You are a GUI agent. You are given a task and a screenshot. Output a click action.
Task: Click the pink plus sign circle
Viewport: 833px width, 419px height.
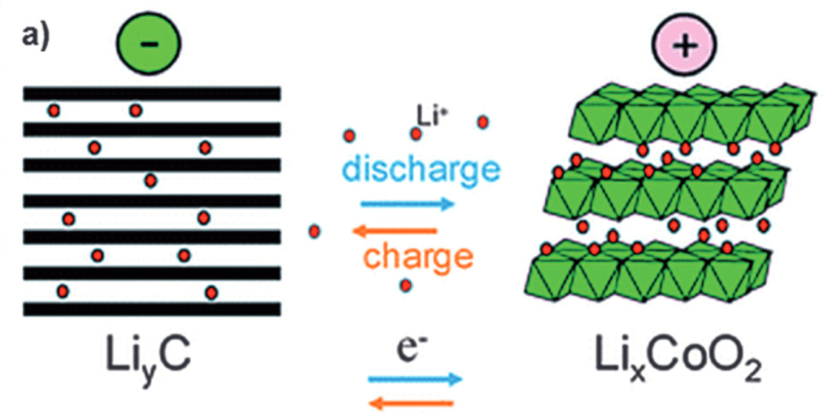point(686,46)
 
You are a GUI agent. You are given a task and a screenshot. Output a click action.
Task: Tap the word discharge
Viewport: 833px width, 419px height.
point(421,170)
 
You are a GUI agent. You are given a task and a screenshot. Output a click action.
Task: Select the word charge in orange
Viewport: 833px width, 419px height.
point(417,257)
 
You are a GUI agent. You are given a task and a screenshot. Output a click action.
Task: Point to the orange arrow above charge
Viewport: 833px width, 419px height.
point(394,231)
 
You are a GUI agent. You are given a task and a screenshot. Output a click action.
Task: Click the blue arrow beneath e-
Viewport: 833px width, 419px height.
point(415,378)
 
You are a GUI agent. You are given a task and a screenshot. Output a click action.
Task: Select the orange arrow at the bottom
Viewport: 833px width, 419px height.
point(412,401)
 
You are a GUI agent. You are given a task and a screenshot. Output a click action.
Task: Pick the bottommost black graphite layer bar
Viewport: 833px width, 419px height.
point(151,309)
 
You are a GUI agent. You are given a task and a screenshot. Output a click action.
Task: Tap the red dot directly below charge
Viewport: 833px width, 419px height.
point(405,286)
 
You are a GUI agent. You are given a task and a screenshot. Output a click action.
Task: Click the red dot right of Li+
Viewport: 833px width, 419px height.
point(483,122)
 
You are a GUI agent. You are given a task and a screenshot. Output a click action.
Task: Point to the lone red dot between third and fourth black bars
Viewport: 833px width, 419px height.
point(150,181)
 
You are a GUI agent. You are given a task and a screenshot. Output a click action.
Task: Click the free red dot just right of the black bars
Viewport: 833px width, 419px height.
point(314,231)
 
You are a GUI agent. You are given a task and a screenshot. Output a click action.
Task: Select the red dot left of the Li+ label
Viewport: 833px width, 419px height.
point(349,135)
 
